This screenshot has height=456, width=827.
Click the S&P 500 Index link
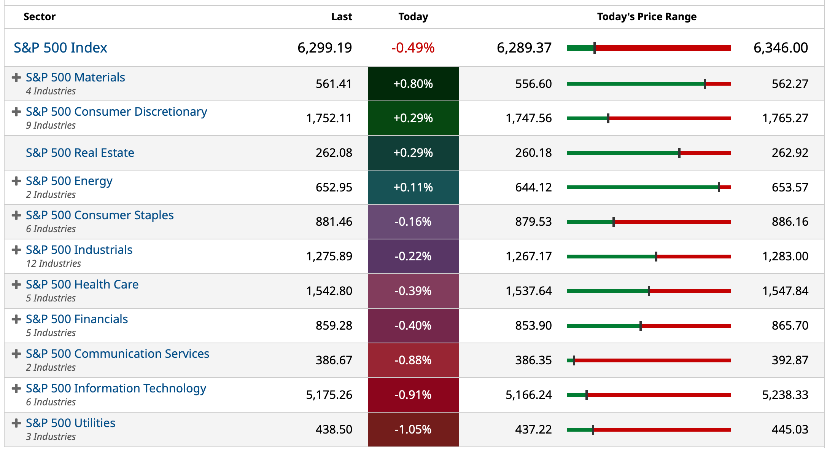tap(60, 48)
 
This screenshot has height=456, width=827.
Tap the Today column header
tap(413, 17)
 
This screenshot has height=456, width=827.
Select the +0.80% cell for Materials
tap(413, 84)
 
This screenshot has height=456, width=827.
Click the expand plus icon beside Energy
tap(16, 181)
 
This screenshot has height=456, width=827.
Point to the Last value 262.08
tap(334, 153)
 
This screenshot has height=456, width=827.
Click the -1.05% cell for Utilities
tap(413, 429)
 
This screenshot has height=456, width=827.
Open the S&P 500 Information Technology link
tap(116, 388)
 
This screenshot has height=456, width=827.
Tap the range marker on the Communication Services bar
tap(574, 360)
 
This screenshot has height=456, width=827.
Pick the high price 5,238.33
tap(785, 395)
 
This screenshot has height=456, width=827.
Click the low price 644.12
tap(533, 187)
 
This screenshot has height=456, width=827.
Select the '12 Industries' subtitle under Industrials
tap(54, 263)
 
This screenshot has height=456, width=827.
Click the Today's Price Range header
tap(647, 17)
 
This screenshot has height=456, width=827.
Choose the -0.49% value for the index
tap(413, 48)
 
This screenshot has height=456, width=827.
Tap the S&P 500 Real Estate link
tap(80, 153)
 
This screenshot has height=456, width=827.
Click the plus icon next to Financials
tap(16, 319)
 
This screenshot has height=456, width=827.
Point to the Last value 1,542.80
tap(329, 291)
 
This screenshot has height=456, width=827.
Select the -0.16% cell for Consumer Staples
tap(413, 222)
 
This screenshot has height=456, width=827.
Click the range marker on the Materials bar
tap(705, 84)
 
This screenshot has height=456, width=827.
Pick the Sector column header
tap(40, 17)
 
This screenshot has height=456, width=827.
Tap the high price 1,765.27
tap(785, 118)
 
